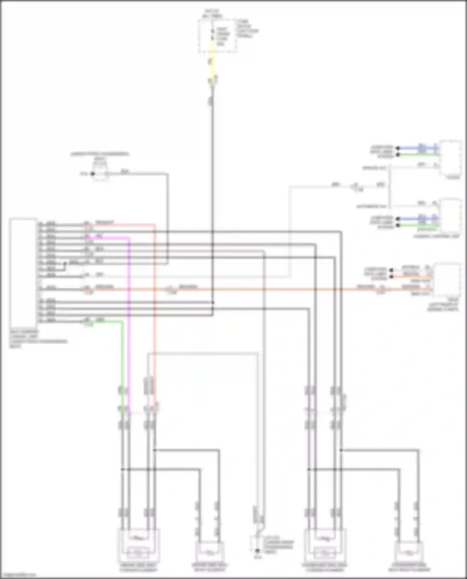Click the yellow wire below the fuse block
(x=212, y=62)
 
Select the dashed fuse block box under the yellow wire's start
(x=218, y=36)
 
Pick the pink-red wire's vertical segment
(x=155, y=311)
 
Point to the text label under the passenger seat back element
(x=409, y=567)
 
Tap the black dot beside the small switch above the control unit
(x=92, y=174)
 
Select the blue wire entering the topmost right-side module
(x=417, y=148)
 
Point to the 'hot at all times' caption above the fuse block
(x=212, y=14)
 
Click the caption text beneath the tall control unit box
(x=37, y=339)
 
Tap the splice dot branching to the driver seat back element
(x=155, y=450)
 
